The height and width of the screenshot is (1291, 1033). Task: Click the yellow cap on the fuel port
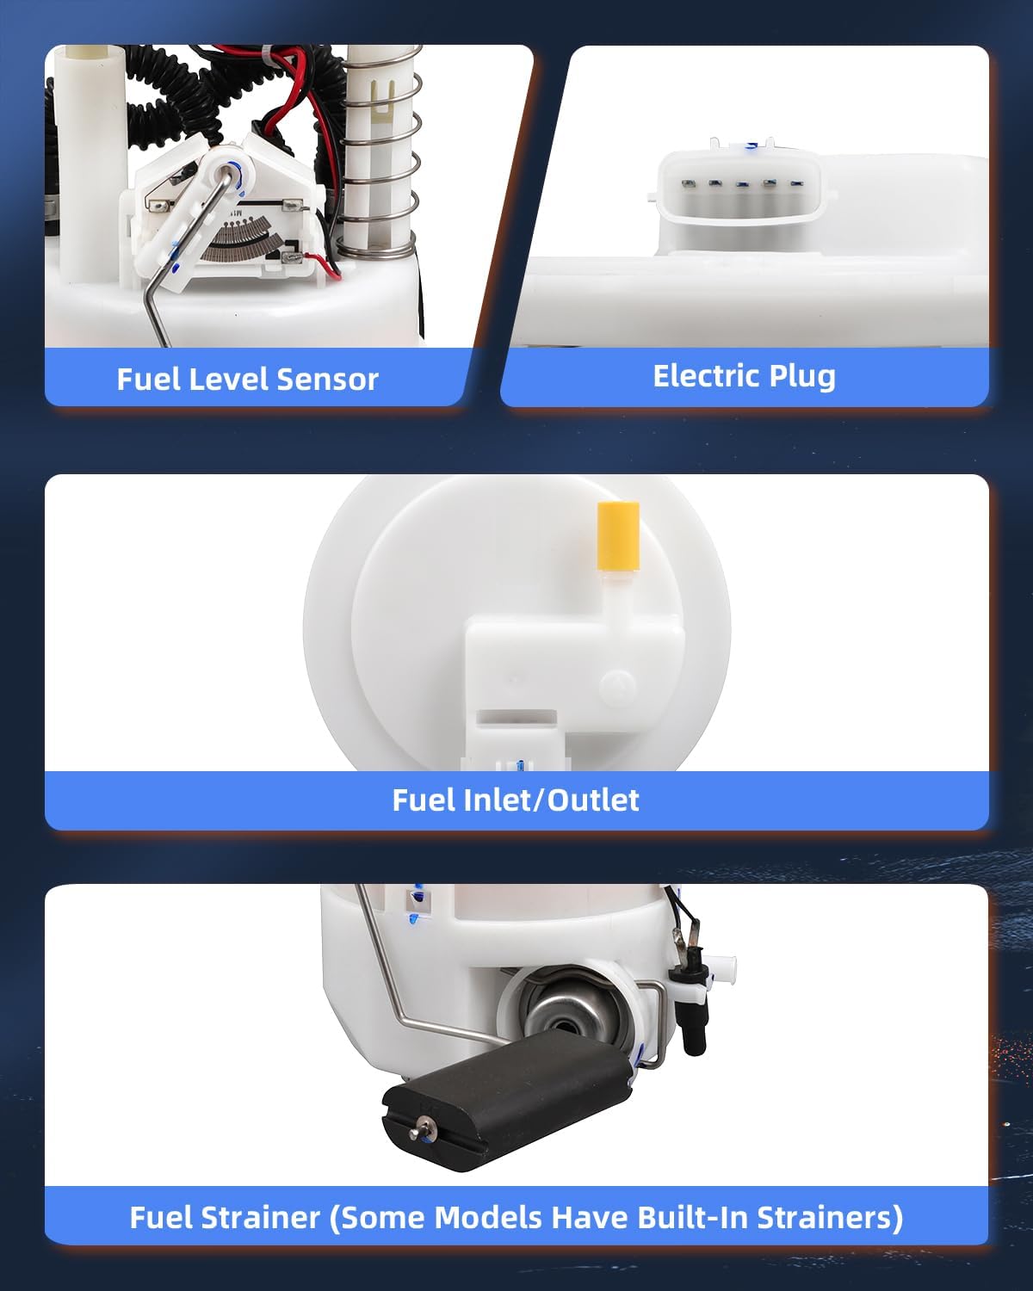tap(618, 536)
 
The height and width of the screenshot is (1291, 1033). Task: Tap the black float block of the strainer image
tap(508, 1099)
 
